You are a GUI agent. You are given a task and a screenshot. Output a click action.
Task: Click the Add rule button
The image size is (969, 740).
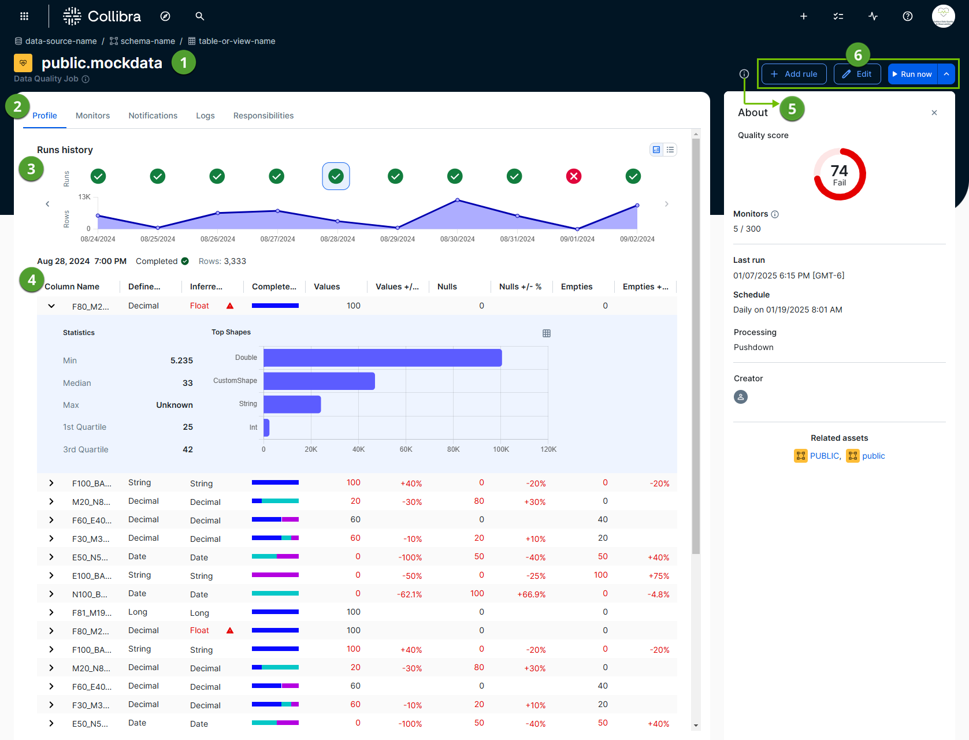pos(794,74)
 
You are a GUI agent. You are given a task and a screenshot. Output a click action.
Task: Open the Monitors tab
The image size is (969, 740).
pos(92,116)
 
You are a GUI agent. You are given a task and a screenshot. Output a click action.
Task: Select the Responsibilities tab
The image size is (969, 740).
pos(263,116)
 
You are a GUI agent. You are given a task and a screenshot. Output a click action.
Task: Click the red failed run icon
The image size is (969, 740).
pos(574,176)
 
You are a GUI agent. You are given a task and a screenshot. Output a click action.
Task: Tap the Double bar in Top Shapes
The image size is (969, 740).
pos(383,358)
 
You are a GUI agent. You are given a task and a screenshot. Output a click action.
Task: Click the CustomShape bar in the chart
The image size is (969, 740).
pos(319,381)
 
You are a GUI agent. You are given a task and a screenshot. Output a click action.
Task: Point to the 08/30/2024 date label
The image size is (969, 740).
pos(457,239)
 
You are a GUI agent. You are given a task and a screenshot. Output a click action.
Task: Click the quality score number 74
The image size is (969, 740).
pos(839,171)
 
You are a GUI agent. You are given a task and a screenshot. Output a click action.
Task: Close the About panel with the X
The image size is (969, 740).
pos(934,113)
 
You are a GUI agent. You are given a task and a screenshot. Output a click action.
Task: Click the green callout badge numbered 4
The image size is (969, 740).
pos(32,280)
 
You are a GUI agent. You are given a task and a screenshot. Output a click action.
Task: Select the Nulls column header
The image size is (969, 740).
pos(447,287)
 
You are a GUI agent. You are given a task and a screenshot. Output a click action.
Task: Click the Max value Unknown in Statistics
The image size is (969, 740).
pos(174,405)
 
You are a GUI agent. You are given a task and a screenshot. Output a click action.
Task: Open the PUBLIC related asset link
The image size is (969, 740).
pos(825,456)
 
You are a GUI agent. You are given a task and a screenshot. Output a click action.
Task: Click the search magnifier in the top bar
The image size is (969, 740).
pos(200,16)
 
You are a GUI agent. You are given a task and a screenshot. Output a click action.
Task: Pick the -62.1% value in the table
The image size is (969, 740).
pos(409,594)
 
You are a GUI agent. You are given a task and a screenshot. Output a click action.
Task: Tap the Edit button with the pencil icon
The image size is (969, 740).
pos(857,74)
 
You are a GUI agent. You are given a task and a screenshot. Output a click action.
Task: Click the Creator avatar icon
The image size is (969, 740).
pos(741,397)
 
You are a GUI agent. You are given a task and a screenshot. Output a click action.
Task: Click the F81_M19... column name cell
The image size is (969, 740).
pos(91,613)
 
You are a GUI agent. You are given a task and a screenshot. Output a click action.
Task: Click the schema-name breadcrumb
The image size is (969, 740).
pos(147,41)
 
